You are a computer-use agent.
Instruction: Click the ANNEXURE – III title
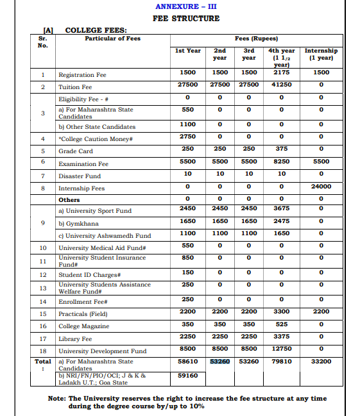coord(185,6)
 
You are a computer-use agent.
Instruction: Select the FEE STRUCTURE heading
coord(185,18)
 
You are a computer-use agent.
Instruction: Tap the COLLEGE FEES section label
coord(96,29)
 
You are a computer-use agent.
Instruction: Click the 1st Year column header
coord(188,50)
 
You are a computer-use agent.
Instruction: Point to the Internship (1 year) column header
coord(321,54)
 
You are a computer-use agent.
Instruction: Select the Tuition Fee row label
coord(75,87)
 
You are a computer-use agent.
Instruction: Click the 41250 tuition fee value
coord(282,85)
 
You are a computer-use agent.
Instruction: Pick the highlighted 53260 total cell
coord(220,362)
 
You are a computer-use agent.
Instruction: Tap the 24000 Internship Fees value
coord(321,187)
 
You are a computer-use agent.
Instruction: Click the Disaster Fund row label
coord(79,176)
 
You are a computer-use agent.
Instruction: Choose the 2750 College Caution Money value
coord(188,137)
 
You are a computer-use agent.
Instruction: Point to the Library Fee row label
coord(75,338)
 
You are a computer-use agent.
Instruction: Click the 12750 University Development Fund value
coord(282,349)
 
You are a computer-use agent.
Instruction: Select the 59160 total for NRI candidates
coord(188,375)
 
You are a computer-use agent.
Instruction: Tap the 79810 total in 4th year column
coord(282,362)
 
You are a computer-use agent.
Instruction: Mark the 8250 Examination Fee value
coord(282,162)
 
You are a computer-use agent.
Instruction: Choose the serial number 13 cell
coord(43,288)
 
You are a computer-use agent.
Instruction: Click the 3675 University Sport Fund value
coord(282,208)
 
